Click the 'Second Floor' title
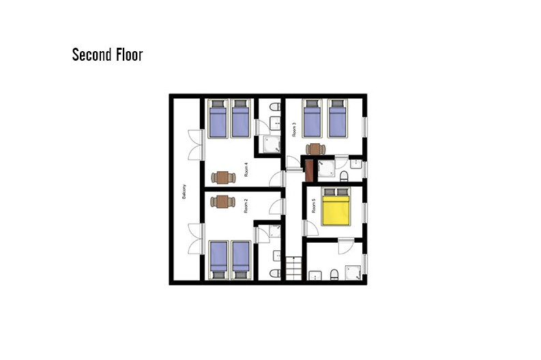(x=107, y=55)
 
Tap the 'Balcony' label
(x=184, y=192)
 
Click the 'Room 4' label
(x=246, y=170)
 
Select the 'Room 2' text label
(x=246, y=206)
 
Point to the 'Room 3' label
(x=294, y=130)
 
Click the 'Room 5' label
(x=314, y=205)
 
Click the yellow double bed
(x=336, y=207)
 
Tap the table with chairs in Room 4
(x=223, y=177)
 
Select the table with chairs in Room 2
(x=223, y=202)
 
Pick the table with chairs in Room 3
(x=315, y=149)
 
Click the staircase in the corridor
(x=293, y=268)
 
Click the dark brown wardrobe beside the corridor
(x=310, y=170)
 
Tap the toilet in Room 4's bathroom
(x=275, y=106)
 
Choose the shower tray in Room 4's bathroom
(x=272, y=145)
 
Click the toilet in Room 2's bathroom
(x=275, y=273)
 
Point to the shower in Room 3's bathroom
(x=326, y=169)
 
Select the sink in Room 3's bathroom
(x=355, y=164)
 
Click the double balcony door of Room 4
(x=196, y=145)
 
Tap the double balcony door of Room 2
(x=196, y=239)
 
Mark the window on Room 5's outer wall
(x=364, y=213)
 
